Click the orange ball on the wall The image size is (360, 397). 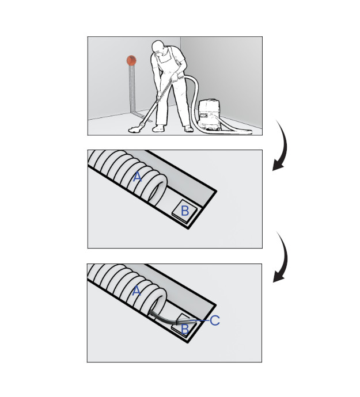pos(131,59)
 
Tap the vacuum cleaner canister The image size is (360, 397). pos(212,115)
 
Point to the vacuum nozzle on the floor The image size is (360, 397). pos(137,129)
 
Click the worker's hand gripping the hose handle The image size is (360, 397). pos(173,80)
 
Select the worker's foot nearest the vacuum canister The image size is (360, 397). pos(188,129)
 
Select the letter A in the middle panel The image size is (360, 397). pos(137,177)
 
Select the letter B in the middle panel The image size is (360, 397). pos(184,211)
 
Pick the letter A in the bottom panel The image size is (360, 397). pos(137,291)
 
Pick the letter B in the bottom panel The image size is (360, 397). pos(184,329)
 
